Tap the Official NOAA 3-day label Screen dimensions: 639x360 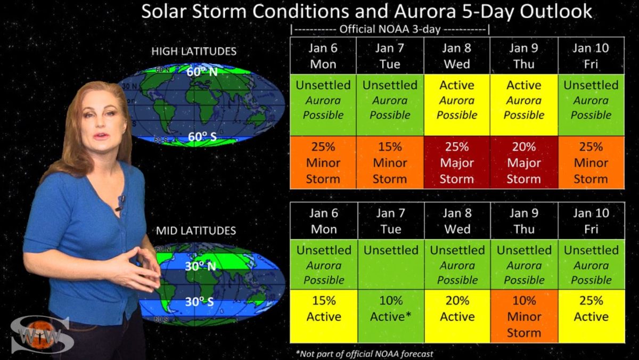click(x=390, y=29)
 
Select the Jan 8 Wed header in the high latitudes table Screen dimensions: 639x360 click(x=457, y=55)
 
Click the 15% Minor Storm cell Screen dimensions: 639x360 click(x=390, y=162)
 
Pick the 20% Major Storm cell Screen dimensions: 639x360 click(x=524, y=162)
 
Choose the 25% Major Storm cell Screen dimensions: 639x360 click(x=457, y=162)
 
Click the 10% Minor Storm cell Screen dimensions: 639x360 click(x=524, y=316)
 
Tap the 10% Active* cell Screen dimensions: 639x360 click(x=391, y=316)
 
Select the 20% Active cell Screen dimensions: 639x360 click(x=457, y=316)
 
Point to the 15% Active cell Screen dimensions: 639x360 click(x=324, y=316)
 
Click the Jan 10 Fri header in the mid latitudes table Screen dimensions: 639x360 click(x=592, y=221)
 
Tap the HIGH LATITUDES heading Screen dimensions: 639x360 click(x=194, y=51)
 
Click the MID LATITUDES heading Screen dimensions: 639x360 click(x=196, y=231)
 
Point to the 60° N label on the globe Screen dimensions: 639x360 click(x=202, y=72)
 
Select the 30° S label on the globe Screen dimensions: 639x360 click(x=199, y=301)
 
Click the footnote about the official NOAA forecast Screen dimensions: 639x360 click(x=364, y=354)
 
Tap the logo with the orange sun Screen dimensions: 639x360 click(x=42, y=334)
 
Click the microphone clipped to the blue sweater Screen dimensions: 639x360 click(x=121, y=203)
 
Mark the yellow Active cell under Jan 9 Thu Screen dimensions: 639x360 click(x=524, y=105)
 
